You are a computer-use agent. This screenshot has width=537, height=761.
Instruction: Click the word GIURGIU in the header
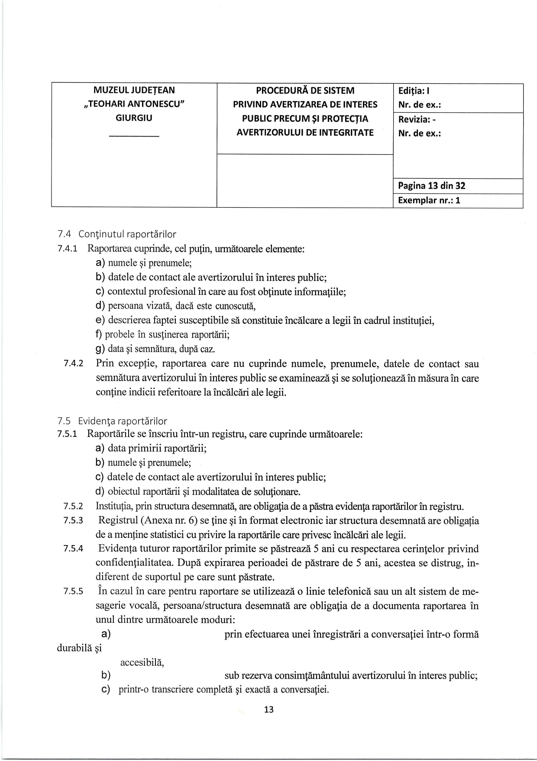pyautogui.click(x=134, y=118)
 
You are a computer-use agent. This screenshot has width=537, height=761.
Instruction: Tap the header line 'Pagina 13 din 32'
pyautogui.click(x=431, y=186)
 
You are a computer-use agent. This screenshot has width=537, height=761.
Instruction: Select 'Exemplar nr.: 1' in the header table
pyautogui.click(x=429, y=200)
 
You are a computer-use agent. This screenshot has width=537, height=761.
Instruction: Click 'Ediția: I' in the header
pyautogui.click(x=414, y=91)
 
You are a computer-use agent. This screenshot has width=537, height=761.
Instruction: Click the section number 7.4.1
pyautogui.click(x=67, y=249)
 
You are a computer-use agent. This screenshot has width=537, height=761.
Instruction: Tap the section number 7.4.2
pyautogui.click(x=73, y=364)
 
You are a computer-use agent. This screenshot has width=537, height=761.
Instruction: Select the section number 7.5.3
pyautogui.click(x=73, y=520)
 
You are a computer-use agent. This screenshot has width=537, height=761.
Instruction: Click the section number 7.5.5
pyautogui.click(x=73, y=591)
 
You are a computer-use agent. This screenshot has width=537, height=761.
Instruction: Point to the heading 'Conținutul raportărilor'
pyautogui.click(x=127, y=235)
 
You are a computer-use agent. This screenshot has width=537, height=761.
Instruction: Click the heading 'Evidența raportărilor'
pyautogui.click(x=123, y=421)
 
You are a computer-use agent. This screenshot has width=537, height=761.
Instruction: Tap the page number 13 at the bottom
pyautogui.click(x=268, y=710)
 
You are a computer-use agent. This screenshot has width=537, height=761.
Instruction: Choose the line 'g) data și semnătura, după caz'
pyautogui.click(x=155, y=349)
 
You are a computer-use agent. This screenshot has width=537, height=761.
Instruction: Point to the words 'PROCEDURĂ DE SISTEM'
pyautogui.click(x=305, y=91)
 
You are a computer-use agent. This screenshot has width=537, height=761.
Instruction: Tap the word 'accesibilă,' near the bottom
pyautogui.click(x=142, y=663)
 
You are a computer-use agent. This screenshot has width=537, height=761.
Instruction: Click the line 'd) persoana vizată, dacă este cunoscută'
pyautogui.click(x=175, y=306)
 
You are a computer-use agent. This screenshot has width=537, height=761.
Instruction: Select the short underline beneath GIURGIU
pyautogui.click(x=134, y=137)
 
